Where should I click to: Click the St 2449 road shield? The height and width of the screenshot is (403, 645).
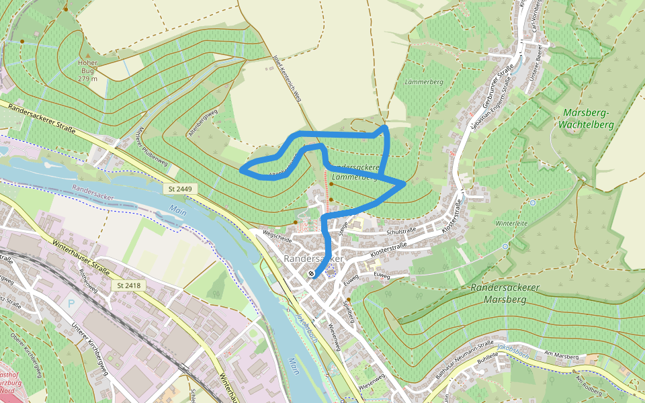tap(180, 189)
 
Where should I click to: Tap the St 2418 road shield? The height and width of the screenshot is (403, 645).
tap(128, 285)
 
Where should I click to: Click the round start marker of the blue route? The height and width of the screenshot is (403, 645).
tap(311, 274)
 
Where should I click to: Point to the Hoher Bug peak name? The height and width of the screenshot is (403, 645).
tap(88, 66)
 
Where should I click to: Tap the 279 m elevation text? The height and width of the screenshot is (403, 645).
tap(88, 79)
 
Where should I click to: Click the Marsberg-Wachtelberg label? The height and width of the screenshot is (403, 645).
tap(587, 118)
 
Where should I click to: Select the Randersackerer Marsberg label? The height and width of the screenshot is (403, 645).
tap(515, 293)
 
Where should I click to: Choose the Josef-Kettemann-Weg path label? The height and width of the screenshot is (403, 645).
tap(287, 79)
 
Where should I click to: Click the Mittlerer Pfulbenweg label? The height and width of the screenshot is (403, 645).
tap(151, 146)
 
